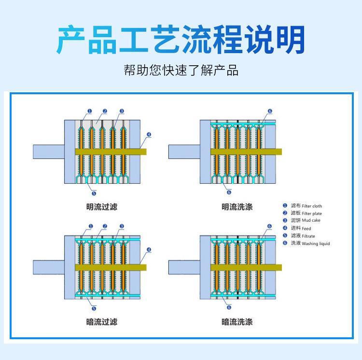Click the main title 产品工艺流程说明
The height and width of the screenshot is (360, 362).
(x=181, y=39)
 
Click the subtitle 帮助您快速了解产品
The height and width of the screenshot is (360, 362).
(x=181, y=71)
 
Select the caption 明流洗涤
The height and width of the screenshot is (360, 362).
(x=237, y=207)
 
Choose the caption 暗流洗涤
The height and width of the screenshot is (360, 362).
(x=237, y=322)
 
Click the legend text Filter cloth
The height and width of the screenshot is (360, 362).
(x=311, y=206)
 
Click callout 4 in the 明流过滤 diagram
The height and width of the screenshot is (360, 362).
(x=149, y=134)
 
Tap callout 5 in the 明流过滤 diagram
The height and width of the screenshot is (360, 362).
(x=94, y=192)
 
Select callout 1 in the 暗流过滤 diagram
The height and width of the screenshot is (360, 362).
(x=90, y=226)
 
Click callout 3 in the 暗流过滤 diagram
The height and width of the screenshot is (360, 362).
(x=122, y=226)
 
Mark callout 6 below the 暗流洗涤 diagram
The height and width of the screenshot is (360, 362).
(x=229, y=307)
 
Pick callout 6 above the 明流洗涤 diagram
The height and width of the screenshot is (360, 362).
(x=270, y=111)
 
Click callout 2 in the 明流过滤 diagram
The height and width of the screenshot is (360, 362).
(x=105, y=111)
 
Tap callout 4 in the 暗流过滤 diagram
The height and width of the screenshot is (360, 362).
(x=149, y=250)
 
